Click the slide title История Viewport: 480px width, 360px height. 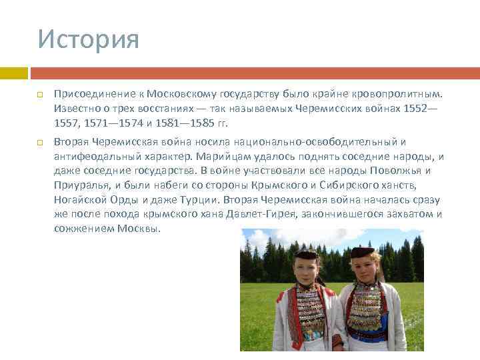coord(88,39)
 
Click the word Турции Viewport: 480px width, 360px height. coord(200,200)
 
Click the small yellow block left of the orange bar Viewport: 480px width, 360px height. coord(14,73)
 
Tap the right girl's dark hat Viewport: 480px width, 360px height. coord(363,253)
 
